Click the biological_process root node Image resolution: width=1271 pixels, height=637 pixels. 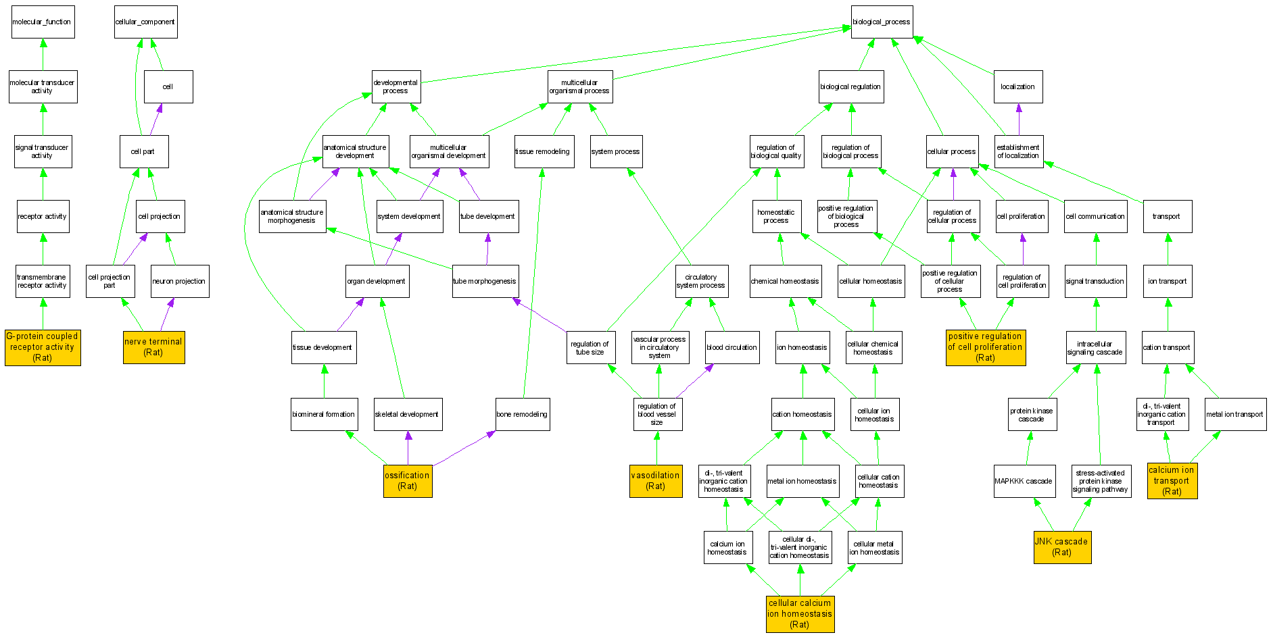tap(882, 22)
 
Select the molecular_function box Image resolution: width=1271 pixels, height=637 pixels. tap(43, 22)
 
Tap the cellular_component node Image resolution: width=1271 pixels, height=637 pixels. tap(145, 22)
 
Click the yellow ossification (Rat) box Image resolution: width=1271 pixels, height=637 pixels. tap(407, 481)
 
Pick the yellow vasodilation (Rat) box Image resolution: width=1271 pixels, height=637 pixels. tap(655, 481)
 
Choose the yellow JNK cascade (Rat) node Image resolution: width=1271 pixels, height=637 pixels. tap(1061, 547)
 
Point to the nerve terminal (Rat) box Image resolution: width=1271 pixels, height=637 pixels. tap(153, 347)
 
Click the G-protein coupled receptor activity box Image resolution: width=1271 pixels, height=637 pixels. tap(43, 347)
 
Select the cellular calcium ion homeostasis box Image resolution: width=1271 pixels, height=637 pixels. tap(800, 614)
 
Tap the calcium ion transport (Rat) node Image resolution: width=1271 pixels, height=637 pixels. tap(1172, 481)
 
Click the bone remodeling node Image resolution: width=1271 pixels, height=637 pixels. tap(522, 414)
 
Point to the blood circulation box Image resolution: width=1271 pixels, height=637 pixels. tap(732, 347)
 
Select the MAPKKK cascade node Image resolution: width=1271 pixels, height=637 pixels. tap(1023, 481)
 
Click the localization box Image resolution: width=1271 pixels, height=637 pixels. tap(1017, 86)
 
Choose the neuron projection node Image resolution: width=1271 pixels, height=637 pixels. tap(179, 281)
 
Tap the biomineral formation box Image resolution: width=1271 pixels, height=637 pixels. tap(323, 414)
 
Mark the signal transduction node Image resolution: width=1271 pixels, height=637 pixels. tap(1095, 281)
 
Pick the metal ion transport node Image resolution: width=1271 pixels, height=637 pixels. tap(1234, 414)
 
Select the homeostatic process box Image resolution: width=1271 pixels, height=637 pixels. tap(776, 216)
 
